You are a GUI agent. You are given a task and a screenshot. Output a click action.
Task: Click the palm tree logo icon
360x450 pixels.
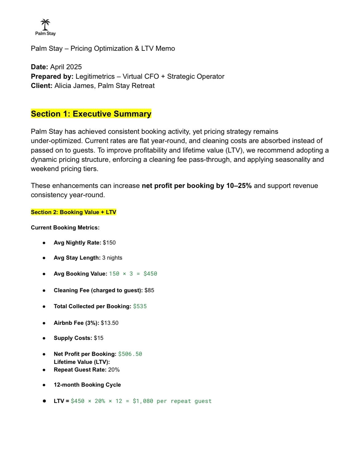pyautogui.click(x=45, y=24)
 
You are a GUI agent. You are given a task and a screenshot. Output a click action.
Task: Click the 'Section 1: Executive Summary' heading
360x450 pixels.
pyautogui.click(x=91, y=114)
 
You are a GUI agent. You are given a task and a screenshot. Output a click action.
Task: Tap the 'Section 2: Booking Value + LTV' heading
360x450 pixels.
pyautogui.click(x=74, y=212)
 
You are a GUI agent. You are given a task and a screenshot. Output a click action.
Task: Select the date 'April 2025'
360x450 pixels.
pyautogui.click(x=66, y=67)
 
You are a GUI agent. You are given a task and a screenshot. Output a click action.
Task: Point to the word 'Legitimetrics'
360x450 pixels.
pyautogui.click(x=95, y=77)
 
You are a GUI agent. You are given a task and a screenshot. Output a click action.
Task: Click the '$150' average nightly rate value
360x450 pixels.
pyautogui.click(x=109, y=243)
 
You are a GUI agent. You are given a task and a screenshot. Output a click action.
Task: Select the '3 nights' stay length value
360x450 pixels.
pyautogui.click(x=112, y=258)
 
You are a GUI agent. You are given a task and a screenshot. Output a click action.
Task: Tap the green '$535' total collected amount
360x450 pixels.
pyautogui.click(x=140, y=306)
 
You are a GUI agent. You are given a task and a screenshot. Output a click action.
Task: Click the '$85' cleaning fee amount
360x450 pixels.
pyautogui.click(x=149, y=290)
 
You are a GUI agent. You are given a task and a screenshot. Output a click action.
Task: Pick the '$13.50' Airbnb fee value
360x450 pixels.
pyautogui.click(x=110, y=323)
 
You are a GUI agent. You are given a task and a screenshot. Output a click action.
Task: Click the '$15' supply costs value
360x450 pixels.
pyautogui.click(x=98, y=338)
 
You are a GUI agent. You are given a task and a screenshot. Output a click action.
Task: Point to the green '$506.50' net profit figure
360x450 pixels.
pyautogui.click(x=130, y=354)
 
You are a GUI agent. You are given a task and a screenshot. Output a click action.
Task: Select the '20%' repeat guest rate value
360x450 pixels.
pyautogui.click(x=114, y=370)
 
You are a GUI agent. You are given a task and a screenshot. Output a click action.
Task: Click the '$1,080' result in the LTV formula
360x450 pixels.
pyautogui.click(x=143, y=401)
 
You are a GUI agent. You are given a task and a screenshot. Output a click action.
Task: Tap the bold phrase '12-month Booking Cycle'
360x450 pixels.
pyautogui.click(x=87, y=385)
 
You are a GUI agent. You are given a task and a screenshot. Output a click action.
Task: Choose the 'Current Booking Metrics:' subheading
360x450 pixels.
pyautogui.click(x=65, y=228)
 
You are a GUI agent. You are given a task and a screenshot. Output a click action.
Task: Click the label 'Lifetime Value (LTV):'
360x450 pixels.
pyautogui.click(x=82, y=362)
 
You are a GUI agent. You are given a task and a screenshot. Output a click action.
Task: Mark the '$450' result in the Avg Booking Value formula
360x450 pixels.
pyautogui.click(x=150, y=274)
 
